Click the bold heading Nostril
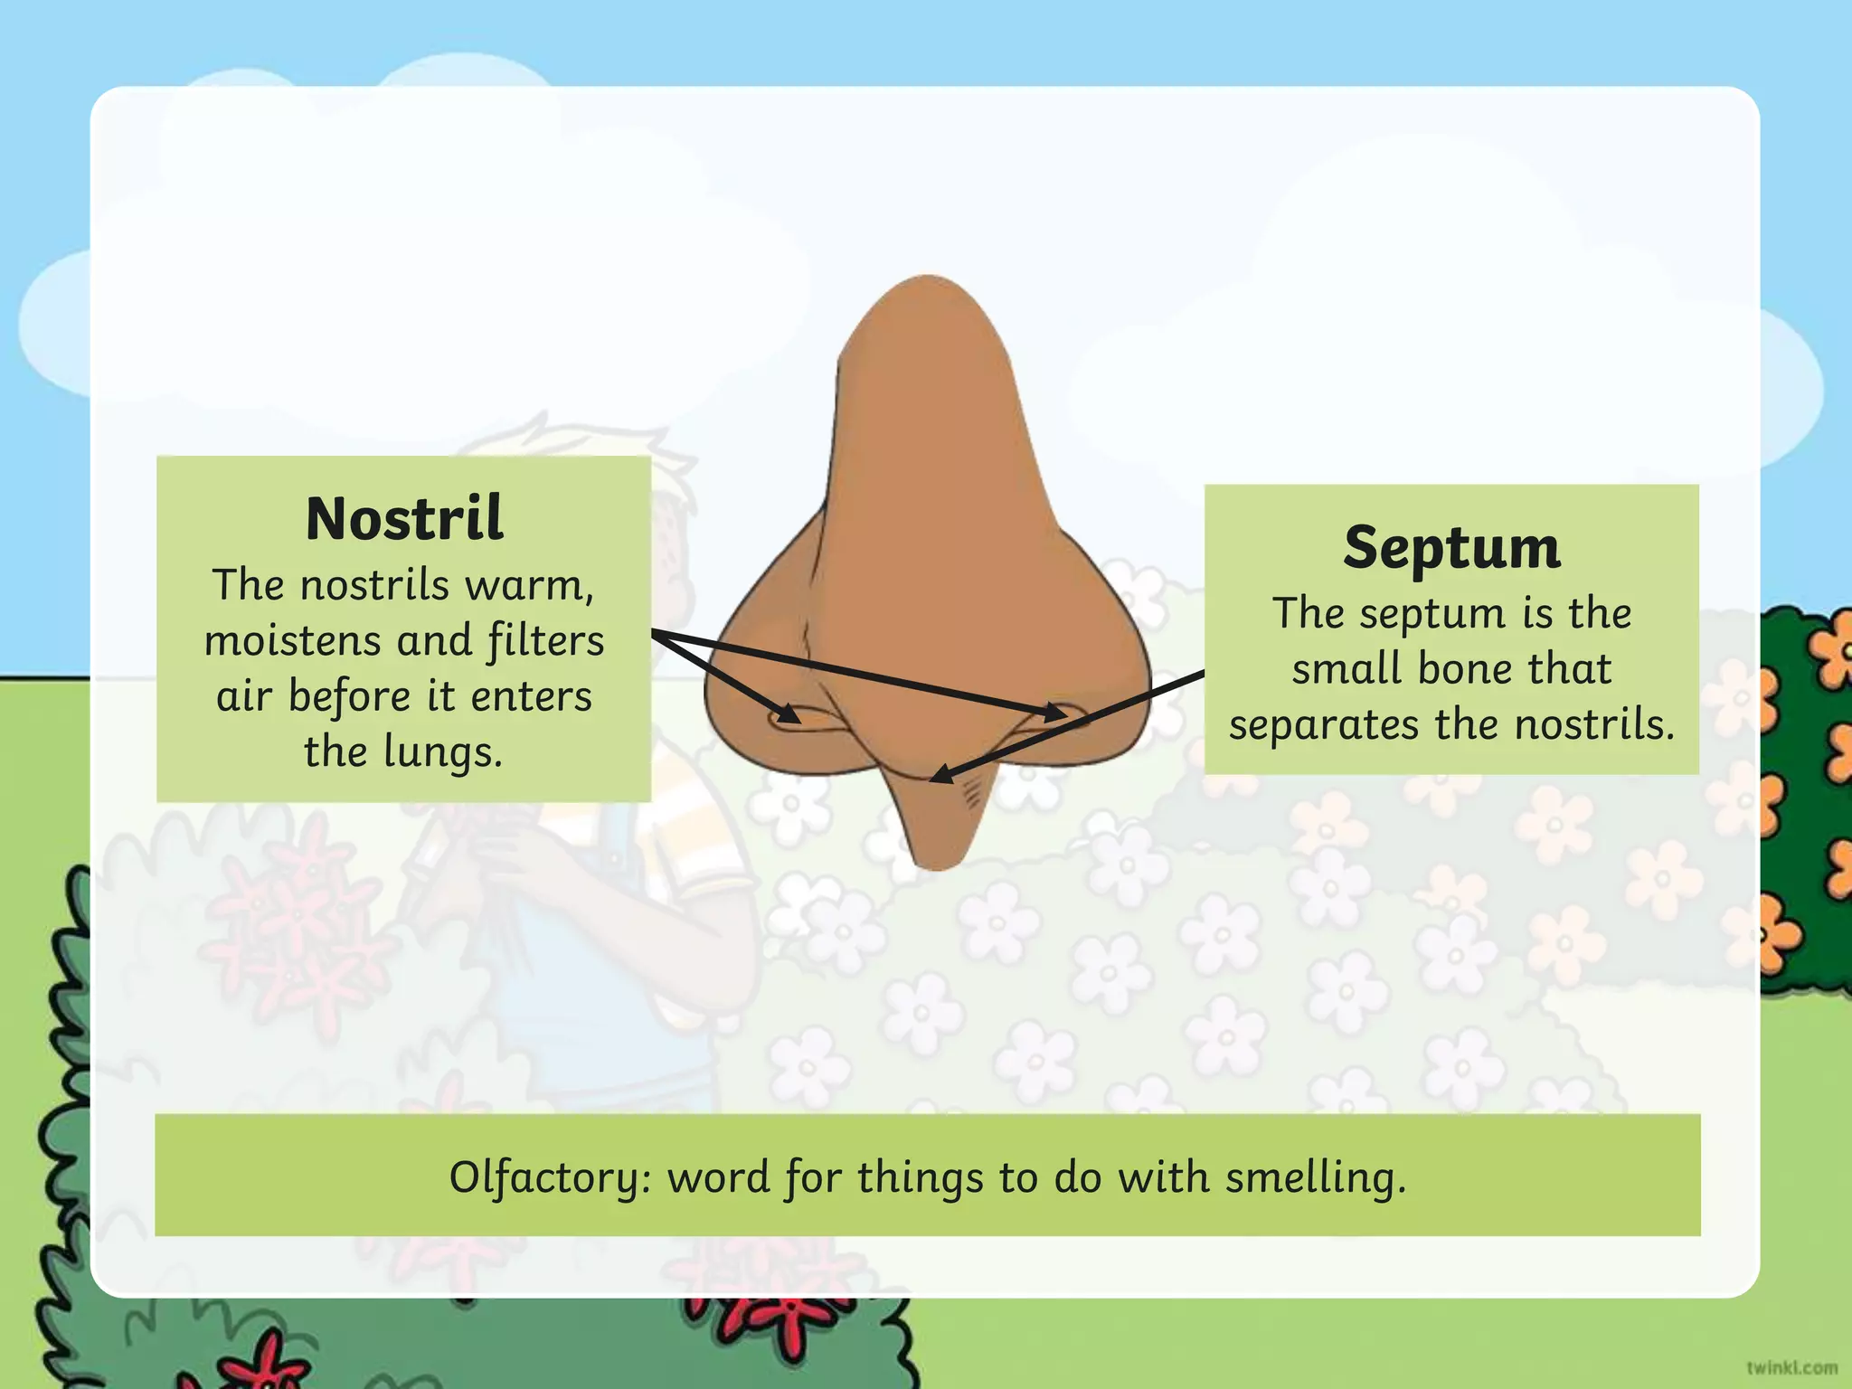(x=404, y=519)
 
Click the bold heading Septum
(x=1451, y=548)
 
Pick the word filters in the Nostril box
(x=545, y=641)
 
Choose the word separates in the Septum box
(x=1324, y=725)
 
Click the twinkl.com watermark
(x=1791, y=1367)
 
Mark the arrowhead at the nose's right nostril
(x=1056, y=713)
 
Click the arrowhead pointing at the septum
(x=940, y=775)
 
